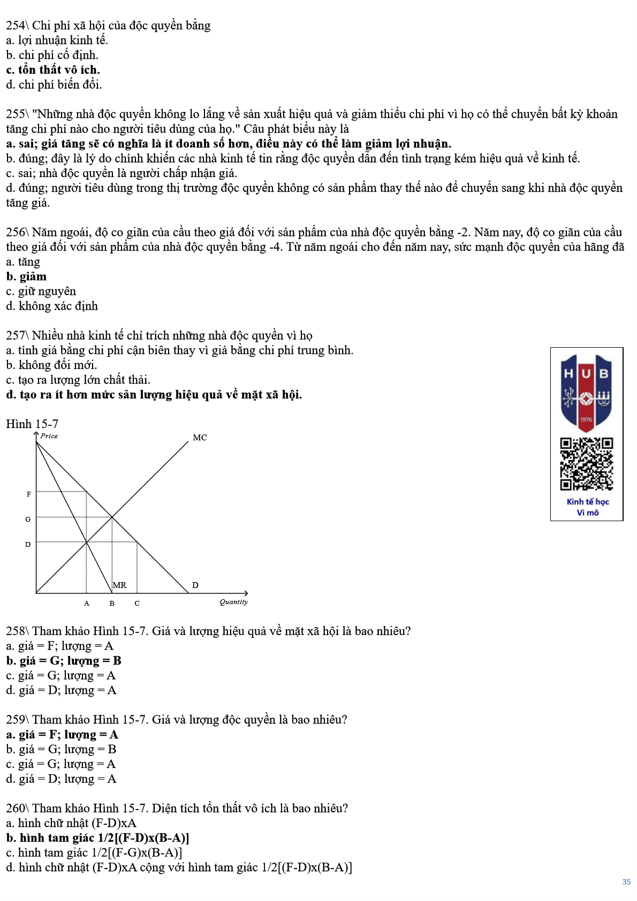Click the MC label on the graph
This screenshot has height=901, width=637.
click(x=200, y=438)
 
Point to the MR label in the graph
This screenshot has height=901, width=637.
click(x=120, y=585)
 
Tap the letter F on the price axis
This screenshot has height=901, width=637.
click(x=29, y=494)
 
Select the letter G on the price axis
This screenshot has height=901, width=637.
click(x=28, y=519)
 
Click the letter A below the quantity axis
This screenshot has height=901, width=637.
click(x=87, y=604)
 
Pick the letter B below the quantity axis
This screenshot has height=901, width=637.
click(x=112, y=604)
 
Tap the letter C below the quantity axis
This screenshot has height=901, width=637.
click(x=137, y=604)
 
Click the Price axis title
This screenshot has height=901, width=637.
click(x=49, y=436)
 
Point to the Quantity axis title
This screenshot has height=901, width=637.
click(x=233, y=602)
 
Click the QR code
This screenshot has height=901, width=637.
click(x=586, y=464)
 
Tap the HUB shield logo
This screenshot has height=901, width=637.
click(x=586, y=391)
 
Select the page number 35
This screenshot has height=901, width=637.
click(x=626, y=882)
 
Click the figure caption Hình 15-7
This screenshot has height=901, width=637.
click(x=32, y=424)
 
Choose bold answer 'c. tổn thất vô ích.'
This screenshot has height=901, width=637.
click(x=53, y=70)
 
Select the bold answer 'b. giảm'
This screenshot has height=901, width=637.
click(x=26, y=277)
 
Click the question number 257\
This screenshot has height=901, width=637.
click(x=17, y=335)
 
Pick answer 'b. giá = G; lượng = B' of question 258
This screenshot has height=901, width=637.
click(x=64, y=661)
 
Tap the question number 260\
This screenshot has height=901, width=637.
click(x=17, y=808)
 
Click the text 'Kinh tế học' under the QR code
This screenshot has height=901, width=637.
click(x=588, y=502)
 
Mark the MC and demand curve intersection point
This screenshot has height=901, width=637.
click(x=112, y=517)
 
